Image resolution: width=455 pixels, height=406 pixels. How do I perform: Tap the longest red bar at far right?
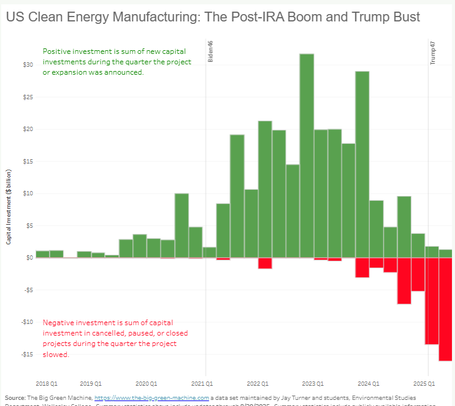(446, 309)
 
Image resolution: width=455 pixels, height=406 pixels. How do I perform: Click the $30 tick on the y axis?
(28, 65)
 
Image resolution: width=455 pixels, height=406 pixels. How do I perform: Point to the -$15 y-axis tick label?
(28, 355)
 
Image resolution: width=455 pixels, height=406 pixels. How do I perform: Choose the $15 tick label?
(28, 162)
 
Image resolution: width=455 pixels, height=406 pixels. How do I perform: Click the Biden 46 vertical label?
(210, 52)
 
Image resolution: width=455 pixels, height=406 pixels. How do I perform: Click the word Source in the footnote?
(15, 397)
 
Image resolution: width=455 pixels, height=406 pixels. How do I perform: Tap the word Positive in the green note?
(56, 51)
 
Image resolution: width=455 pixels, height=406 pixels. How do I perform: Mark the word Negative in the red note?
(58, 323)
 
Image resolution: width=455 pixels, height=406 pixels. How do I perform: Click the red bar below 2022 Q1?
(265, 263)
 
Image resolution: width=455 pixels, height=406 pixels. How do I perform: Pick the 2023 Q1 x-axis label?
(313, 383)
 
